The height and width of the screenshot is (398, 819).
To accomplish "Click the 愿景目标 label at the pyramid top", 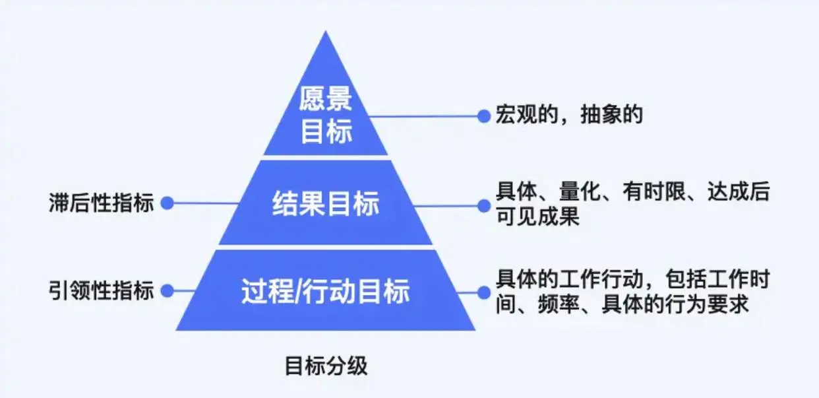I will click(326, 116).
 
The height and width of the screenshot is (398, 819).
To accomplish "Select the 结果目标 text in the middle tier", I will click(326, 204).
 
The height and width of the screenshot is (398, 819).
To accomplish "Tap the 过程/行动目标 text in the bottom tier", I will click(325, 291).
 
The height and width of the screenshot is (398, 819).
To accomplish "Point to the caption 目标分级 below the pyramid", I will click(326, 365).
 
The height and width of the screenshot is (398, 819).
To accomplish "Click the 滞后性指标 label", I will click(101, 203).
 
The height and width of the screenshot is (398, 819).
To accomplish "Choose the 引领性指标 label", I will click(101, 290).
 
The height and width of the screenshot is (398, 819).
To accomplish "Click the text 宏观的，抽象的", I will click(569, 116).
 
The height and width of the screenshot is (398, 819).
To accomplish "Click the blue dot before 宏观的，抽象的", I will click(483, 116).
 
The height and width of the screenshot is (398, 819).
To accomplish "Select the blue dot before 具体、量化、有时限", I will click(483, 205).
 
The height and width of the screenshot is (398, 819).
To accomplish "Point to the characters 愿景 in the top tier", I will click(326, 101).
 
